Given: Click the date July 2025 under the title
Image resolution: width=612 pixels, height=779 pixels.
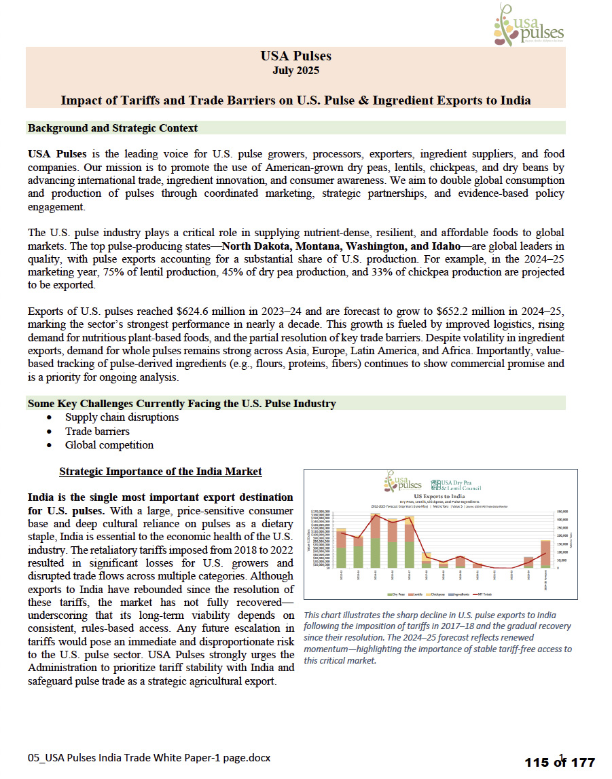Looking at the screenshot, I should click(295, 71).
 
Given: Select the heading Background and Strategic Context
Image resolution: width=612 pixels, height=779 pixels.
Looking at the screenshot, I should click(113, 128).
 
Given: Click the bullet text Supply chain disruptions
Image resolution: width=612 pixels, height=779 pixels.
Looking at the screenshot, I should click(122, 417).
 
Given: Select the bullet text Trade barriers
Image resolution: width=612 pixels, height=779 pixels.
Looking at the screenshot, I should click(97, 432).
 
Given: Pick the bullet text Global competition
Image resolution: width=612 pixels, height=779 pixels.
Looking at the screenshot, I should click(109, 445).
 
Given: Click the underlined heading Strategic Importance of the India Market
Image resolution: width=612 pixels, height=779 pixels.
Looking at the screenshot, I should click(160, 472).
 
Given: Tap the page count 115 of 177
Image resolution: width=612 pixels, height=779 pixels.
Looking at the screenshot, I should click(559, 762).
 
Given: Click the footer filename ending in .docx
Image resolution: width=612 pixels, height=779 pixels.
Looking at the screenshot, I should click(149, 757).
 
